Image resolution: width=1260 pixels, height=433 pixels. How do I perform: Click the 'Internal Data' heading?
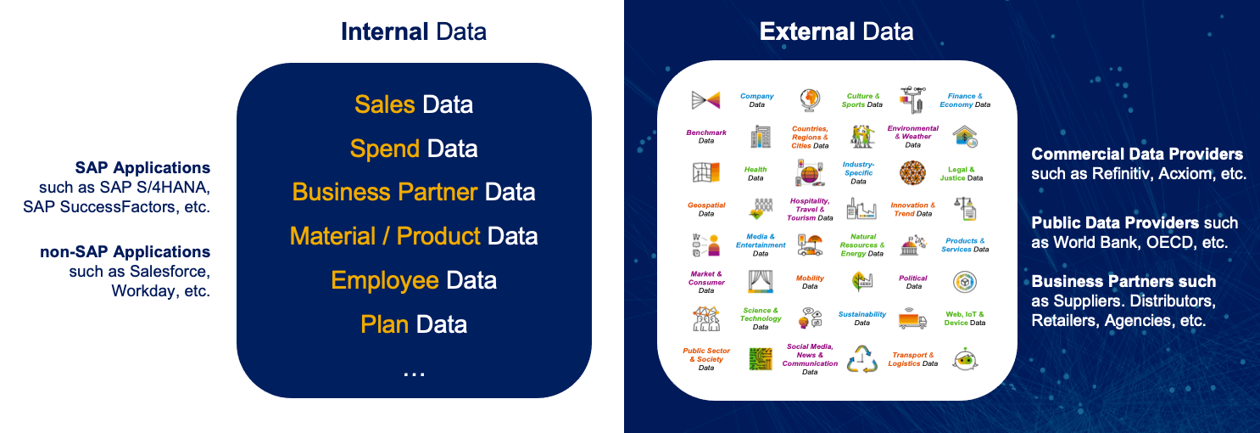(x=414, y=31)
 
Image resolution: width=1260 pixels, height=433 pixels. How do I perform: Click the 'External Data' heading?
(x=836, y=31)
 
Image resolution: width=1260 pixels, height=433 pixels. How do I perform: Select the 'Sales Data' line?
(x=414, y=104)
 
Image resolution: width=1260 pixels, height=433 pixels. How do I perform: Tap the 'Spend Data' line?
(x=414, y=149)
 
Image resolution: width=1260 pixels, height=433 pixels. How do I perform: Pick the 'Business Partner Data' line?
(x=414, y=192)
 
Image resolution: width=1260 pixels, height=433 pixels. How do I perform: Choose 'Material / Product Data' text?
(x=414, y=236)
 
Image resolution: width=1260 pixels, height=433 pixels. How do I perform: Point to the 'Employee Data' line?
(x=414, y=280)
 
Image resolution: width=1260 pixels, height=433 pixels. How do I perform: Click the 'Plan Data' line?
(x=414, y=324)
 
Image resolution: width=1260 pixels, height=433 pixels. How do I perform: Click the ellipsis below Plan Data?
(x=414, y=374)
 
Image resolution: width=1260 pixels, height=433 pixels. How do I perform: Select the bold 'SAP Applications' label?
(x=143, y=168)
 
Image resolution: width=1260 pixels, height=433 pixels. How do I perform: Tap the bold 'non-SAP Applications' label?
(x=125, y=251)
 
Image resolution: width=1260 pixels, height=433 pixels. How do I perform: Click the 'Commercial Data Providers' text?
(x=1137, y=155)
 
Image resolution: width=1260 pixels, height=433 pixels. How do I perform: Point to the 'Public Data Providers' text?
(x=1115, y=223)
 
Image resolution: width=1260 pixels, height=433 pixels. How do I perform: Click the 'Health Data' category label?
(x=755, y=173)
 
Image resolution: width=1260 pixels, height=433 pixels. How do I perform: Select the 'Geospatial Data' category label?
(x=706, y=210)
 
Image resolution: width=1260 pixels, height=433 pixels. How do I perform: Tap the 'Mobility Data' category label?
(x=810, y=282)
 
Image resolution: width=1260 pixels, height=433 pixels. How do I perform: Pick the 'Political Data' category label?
(x=913, y=282)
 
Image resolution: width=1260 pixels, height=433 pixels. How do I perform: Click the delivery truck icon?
(x=912, y=318)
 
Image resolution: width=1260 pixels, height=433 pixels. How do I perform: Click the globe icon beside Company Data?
(x=810, y=100)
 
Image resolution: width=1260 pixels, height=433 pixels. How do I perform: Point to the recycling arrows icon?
(x=862, y=359)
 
